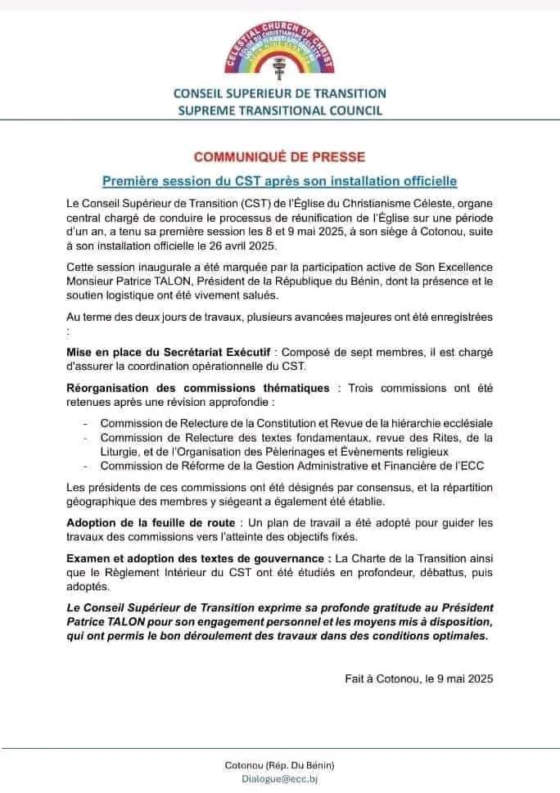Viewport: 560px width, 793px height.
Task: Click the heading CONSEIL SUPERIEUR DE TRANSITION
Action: tap(280, 94)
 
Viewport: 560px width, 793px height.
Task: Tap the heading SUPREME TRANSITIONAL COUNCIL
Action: tap(280, 111)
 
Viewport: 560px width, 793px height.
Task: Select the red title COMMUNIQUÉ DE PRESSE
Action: tap(279, 155)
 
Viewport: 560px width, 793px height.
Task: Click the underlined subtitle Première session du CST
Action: tap(279, 178)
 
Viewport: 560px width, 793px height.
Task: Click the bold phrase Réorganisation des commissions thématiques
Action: tap(198, 388)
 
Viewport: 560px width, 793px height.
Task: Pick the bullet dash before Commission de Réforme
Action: tap(86, 466)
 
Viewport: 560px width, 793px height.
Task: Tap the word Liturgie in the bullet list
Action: tap(120, 451)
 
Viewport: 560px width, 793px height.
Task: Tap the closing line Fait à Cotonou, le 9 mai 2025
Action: tap(419, 678)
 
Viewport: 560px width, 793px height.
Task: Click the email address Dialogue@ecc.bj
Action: tap(279, 779)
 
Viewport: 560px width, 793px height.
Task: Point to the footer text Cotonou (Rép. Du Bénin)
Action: tap(279, 765)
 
